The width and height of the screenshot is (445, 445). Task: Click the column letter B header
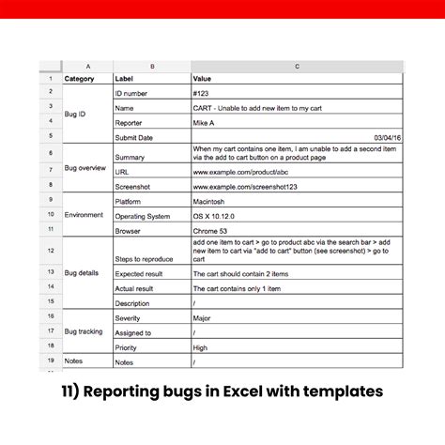click(152, 67)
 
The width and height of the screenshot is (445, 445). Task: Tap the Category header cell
click(79, 79)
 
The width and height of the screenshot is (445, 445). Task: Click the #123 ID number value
click(202, 94)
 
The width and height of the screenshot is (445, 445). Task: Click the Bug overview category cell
click(85, 167)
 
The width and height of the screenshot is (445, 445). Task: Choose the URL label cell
click(122, 173)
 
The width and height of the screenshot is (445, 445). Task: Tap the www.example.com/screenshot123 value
click(247, 187)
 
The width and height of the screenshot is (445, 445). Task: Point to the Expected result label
click(140, 273)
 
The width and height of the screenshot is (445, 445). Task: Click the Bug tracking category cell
click(84, 331)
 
